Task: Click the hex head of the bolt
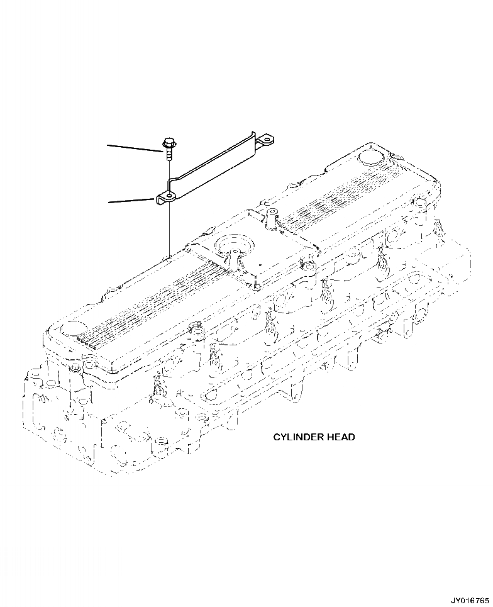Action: (169, 143)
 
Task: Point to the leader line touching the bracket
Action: (131, 201)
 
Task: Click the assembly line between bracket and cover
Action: (170, 226)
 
